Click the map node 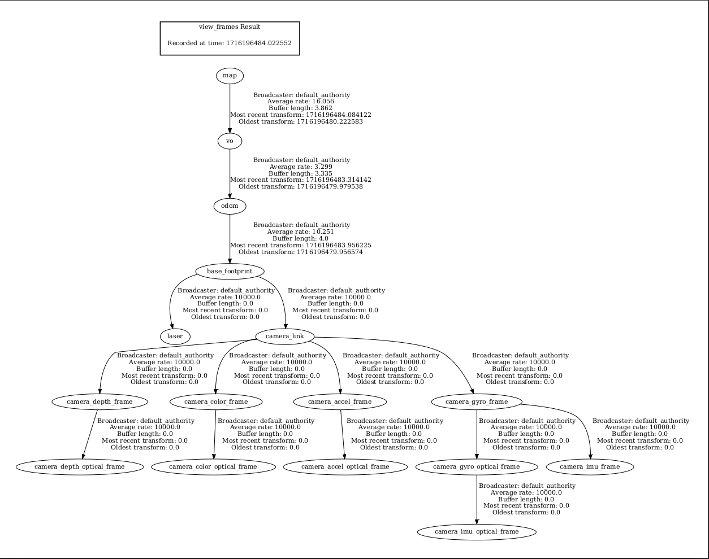(230, 76)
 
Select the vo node (230, 141)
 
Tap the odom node (230, 206)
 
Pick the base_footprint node (230, 271)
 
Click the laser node (175, 337)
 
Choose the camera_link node (285, 337)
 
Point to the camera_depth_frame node (100, 401)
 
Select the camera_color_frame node (216, 401)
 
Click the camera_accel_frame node (340, 401)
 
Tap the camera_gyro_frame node (477, 401)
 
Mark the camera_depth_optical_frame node (80, 467)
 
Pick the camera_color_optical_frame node (213, 467)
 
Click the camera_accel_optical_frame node (345, 467)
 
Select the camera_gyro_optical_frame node (477, 467)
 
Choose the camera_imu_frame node (590, 467)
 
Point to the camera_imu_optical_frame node (477, 532)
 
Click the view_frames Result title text (230, 27)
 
